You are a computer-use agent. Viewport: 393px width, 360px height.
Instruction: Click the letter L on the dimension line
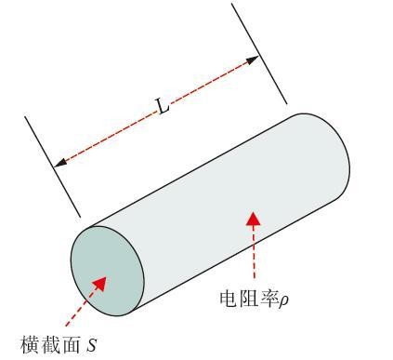pos(164,107)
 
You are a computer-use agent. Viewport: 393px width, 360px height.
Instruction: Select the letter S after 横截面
pos(91,346)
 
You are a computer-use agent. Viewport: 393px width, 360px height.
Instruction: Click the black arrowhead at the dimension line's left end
pos(59,163)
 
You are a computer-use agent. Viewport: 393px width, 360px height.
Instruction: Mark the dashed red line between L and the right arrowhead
pos(209,84)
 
